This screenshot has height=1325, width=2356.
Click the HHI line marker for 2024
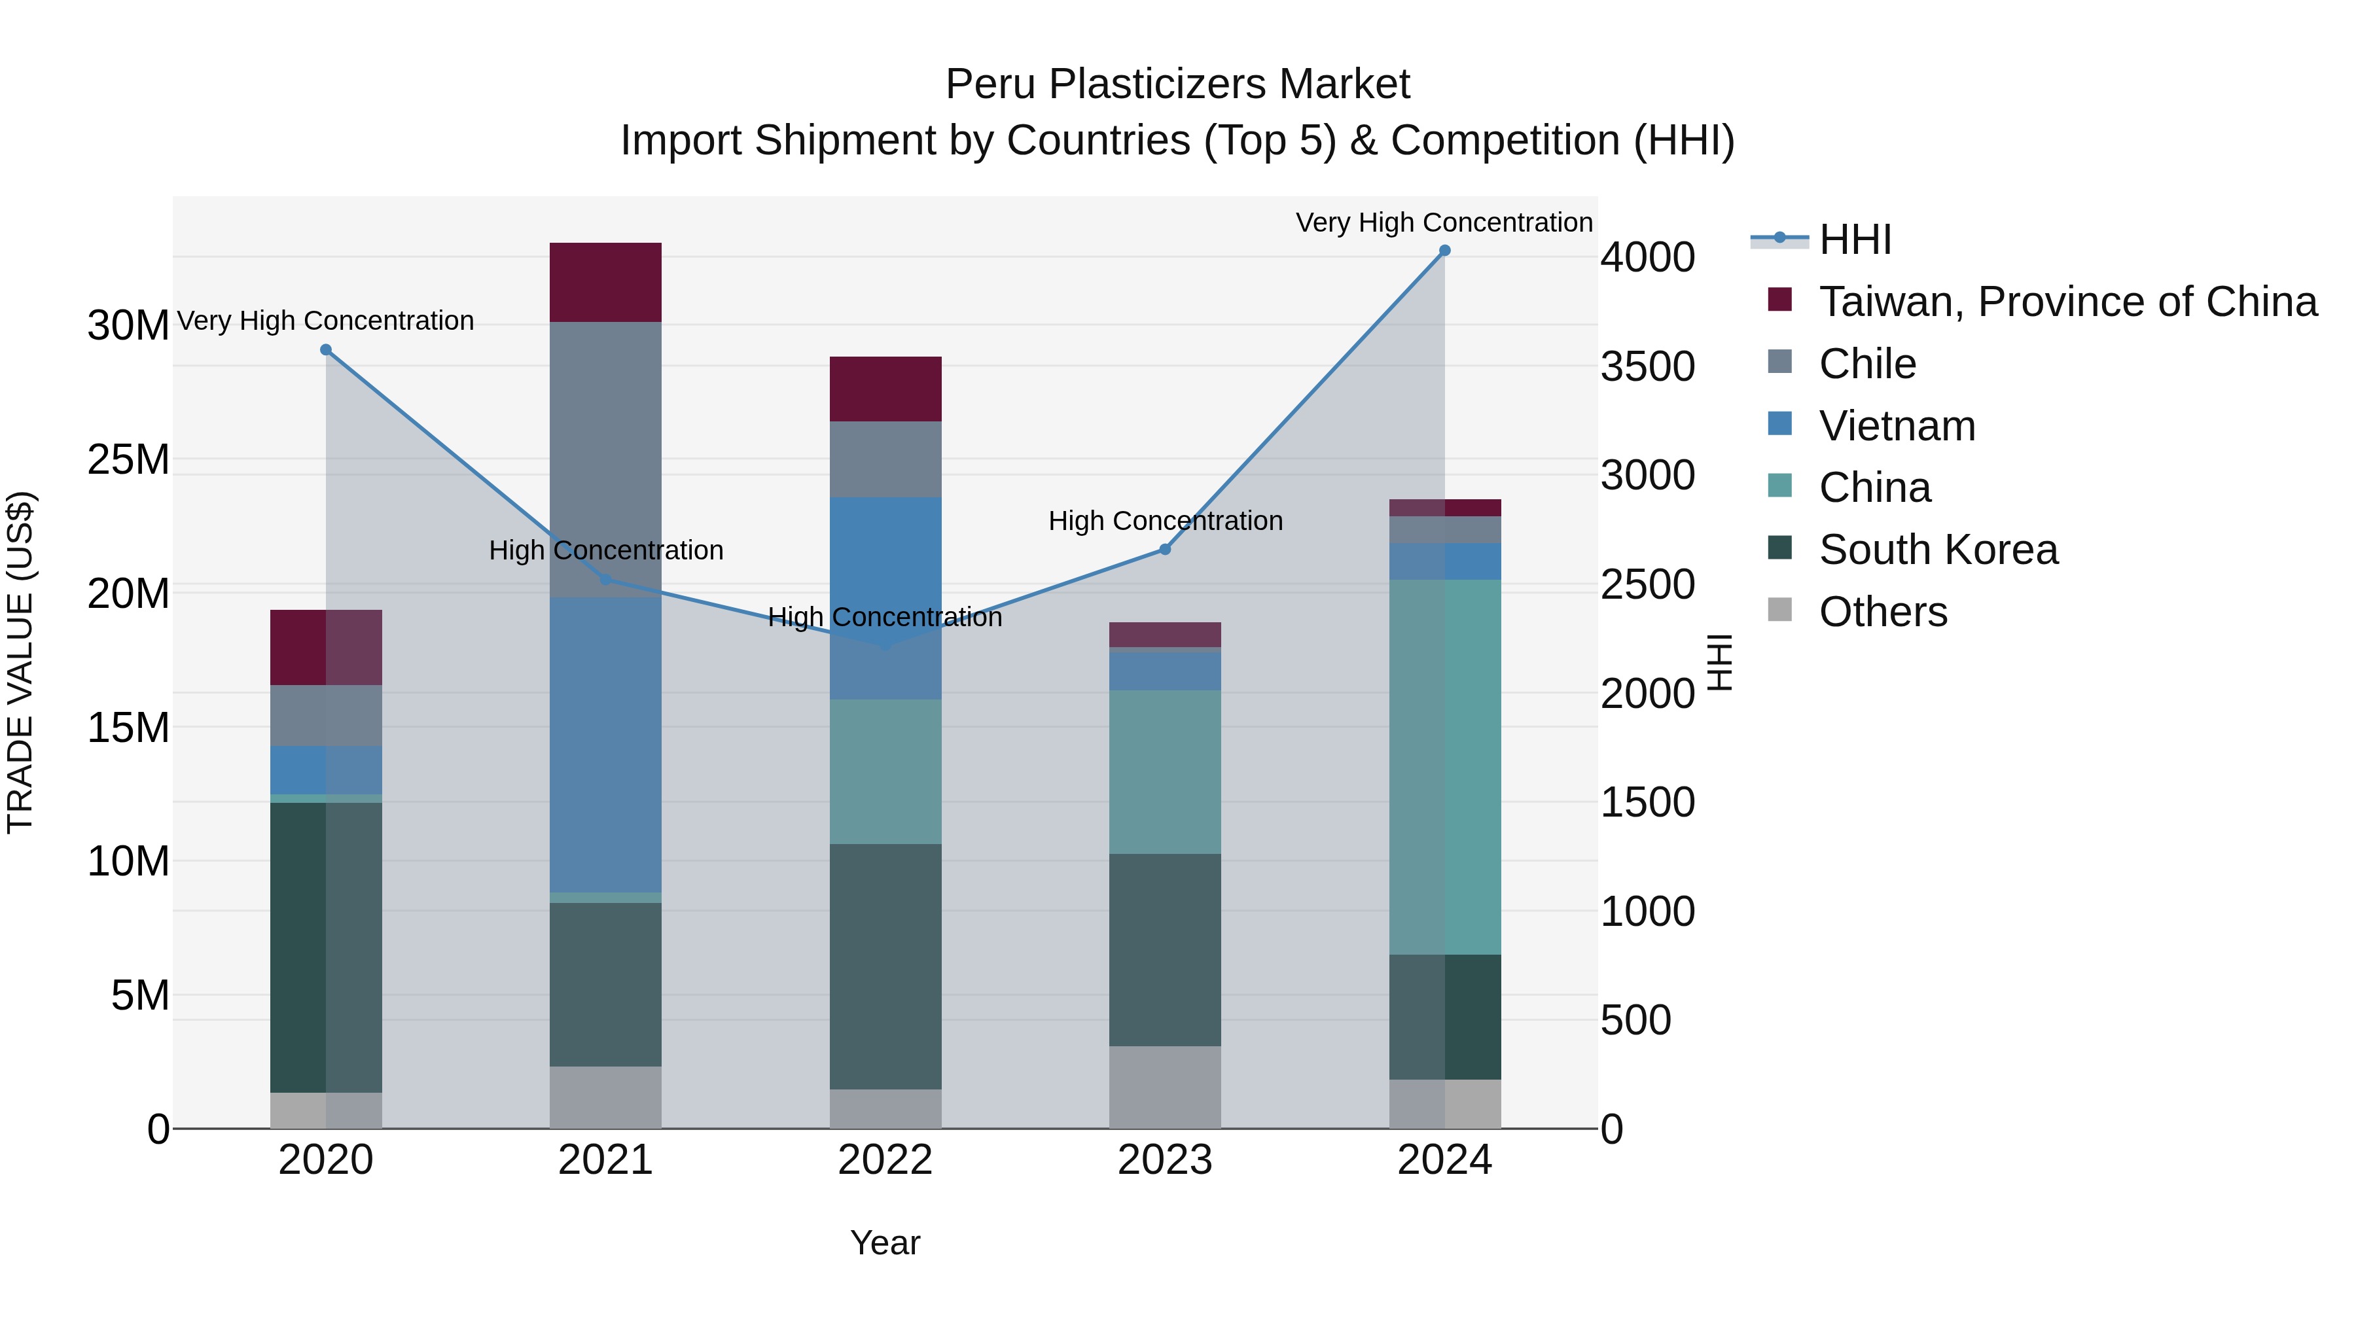(x=1444, y=251)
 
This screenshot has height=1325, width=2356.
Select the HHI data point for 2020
(x=326, y=350)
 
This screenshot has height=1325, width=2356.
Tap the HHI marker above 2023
(x=1164, y=550)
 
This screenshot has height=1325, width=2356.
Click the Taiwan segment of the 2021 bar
(x=605, y=283)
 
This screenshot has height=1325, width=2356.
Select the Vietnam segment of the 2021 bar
(x=605, y=745)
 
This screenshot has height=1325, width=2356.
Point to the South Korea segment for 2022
(x=885, y=966)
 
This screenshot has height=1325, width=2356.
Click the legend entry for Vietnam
(x=1897, y=426)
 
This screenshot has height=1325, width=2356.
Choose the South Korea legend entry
(x=1938, y=550)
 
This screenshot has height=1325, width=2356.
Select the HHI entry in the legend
(x=1855, y=239)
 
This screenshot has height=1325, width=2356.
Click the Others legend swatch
(x=1780, y=610)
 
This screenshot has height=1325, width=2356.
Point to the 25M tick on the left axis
(x=128, y=459)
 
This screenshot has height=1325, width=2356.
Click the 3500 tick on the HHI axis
(x=1647, y=366)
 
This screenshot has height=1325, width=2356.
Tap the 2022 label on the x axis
(x=885, y=1160)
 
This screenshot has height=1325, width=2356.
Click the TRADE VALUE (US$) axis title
(x=20, y=662)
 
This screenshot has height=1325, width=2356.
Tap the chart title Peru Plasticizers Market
(x=1177, y=84)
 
